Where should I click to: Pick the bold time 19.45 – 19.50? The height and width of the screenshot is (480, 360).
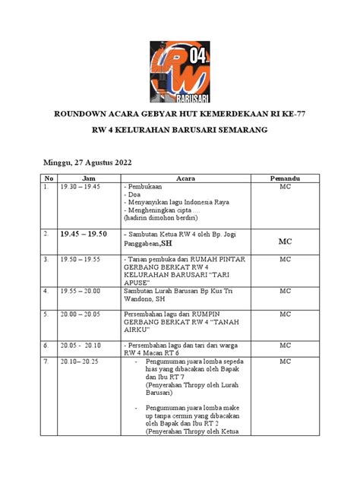84,235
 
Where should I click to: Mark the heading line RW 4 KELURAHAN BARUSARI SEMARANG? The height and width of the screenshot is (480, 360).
179,131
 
